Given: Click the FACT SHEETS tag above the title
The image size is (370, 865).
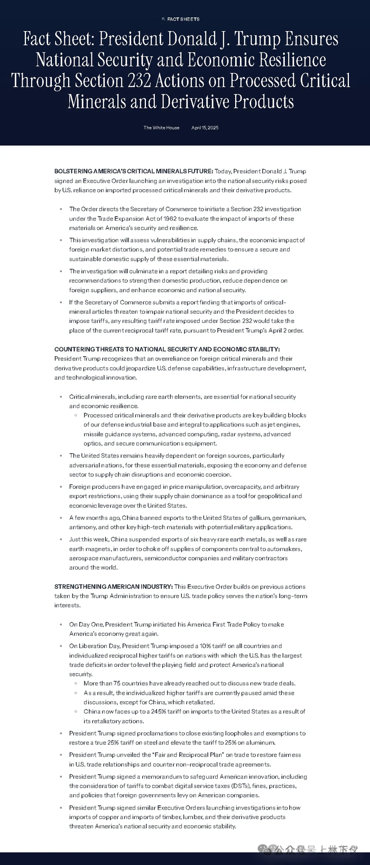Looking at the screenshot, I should pyautogui.click(x=183, y=19).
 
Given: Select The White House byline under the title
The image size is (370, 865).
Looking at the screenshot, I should pyautogui.click(x=161, y=128).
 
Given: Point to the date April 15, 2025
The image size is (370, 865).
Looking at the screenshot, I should pyautogui.click(x=205, y=128).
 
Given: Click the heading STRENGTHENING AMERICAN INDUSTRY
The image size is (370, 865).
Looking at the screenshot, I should pyautogui.click(x=113, y=587).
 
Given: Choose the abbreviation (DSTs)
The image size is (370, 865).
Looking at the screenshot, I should pyautogui.click(x=220, y=786).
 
